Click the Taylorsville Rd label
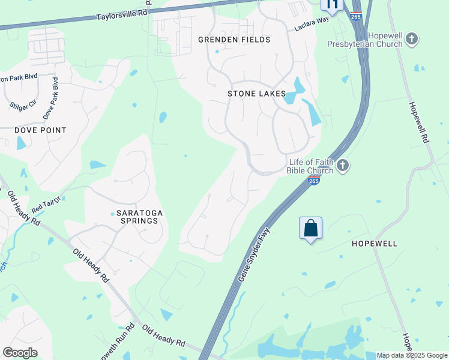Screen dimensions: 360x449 121,14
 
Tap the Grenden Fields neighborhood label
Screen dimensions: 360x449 235,40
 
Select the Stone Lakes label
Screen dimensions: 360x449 256,94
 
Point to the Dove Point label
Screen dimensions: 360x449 41,130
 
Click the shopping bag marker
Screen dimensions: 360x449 310,229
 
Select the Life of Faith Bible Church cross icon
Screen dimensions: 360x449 343,166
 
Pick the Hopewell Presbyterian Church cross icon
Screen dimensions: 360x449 411,40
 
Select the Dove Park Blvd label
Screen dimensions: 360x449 50,97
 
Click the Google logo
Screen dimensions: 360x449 20,353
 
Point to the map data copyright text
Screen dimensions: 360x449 412,355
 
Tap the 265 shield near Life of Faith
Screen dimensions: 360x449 313,181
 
